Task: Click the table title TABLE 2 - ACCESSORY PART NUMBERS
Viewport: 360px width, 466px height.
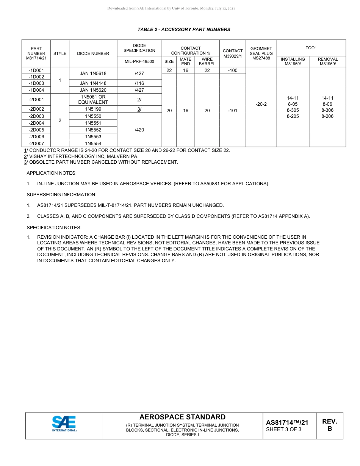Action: click(183, 30)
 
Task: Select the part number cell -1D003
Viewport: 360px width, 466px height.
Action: click(36, 83)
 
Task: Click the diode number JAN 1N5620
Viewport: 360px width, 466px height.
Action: click(93, 90)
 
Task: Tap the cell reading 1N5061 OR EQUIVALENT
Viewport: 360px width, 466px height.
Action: click(93, 100)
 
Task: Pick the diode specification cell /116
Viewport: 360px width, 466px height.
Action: click(139, 83)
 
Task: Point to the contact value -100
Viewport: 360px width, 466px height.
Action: click(232, 70)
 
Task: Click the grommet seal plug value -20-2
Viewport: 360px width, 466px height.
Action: click(261, 104)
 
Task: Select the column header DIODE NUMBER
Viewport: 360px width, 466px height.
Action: click(93, 53)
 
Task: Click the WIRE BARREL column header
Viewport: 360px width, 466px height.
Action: click(207, 61)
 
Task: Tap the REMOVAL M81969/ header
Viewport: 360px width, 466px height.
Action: click(327, 61)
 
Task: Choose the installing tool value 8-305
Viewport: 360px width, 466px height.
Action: click(293, 110)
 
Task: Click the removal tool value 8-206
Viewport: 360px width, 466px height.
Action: click(327, 116)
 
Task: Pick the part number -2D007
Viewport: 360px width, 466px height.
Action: click(36, 144)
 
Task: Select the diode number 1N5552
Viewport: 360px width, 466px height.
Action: click(93, 130)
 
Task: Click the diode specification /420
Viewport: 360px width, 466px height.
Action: click(139, 130)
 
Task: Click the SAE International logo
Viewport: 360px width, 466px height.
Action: click(64, 424)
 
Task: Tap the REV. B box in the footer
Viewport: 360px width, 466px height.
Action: click(329, 425)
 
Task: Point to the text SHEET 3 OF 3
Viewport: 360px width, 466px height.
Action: click(284, 429)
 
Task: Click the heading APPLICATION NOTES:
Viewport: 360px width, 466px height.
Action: click(52, 173)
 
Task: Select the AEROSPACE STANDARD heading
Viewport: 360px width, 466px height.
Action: click(182, 417)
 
